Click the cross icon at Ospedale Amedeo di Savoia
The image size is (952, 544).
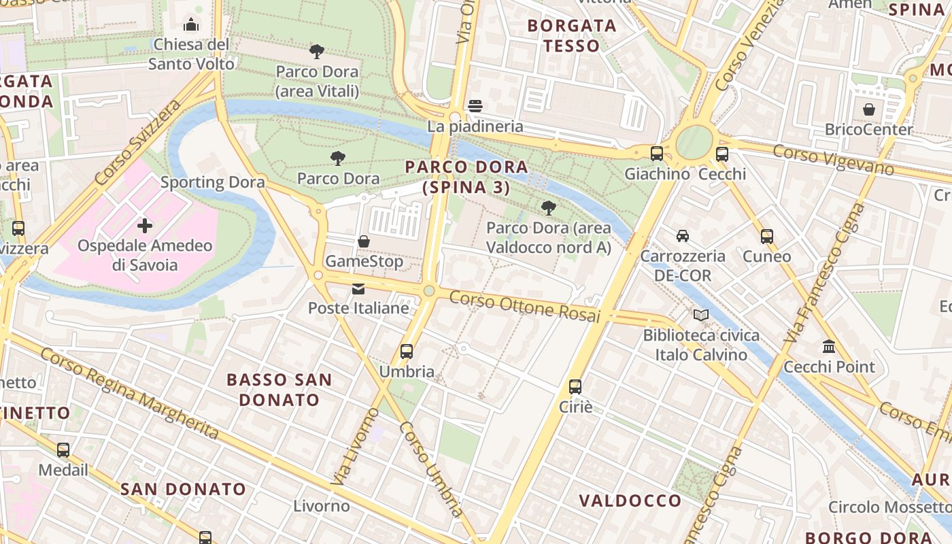(x=144, y=226)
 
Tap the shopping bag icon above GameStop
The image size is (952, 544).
(x=364, y=241)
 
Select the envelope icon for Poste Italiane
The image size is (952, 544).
(x=358, y=289)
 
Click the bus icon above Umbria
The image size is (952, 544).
(x=407, y=352)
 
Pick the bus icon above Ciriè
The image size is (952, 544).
(x=575, y=387)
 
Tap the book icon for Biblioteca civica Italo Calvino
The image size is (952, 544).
(x=701, y=316)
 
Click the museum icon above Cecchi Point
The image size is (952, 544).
(x=829, y=347)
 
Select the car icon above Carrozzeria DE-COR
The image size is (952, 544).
(x=683, y=236)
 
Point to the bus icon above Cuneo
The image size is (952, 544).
(x=767, y=237)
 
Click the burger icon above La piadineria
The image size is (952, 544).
(x=475, y=106)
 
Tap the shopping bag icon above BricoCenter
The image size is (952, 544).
(x=869, y=109)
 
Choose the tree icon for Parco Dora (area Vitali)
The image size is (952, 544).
(x=317, y=51)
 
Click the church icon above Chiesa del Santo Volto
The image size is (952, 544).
(x=191, y=24)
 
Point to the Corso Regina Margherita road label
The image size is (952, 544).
(x=129, y=393)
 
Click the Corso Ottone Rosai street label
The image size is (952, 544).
(x=525, y=307)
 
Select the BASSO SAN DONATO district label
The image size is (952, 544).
(x=279, y=390)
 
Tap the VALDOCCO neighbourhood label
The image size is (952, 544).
(x=630, y=501)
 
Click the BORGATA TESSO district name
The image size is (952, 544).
(x=572, y=36)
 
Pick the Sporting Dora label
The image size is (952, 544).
(x=212, y=182)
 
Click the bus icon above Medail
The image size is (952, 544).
(x=63, y=450)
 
